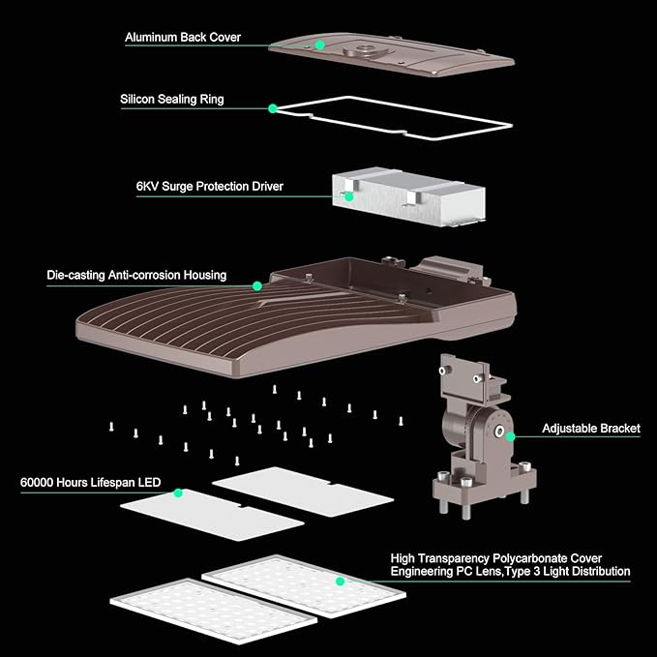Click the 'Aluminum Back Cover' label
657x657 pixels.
pos(183,38)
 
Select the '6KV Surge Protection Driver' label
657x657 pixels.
pos(208,185)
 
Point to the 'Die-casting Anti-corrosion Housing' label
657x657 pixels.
pos(136,276)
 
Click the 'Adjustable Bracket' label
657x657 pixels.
pos(590,429)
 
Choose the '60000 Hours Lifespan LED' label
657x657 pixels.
pos(90,482)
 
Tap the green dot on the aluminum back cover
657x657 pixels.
pos(318,45)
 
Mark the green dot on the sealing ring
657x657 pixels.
pos(273,107)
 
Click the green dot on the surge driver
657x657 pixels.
pos(349,194)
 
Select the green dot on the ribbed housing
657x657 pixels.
pos(257,285)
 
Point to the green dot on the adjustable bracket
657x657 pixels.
pos(511,436)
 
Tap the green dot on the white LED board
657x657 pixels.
pos(178,493)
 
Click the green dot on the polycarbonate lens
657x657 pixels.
pos(341,582)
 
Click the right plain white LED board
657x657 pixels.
pos(302,485)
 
